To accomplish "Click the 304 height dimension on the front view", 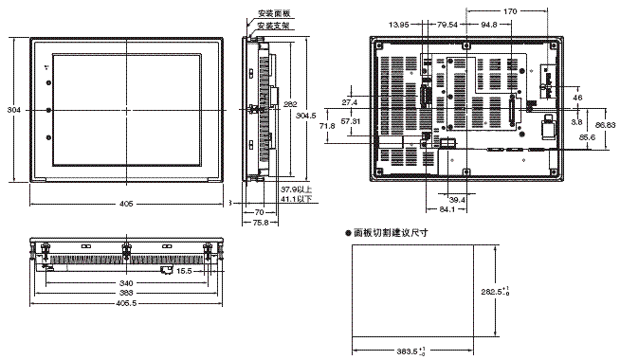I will [x=12, y=111].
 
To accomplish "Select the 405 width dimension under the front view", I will [x=126, y=204].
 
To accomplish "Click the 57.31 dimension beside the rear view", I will [x=351, y=123].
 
